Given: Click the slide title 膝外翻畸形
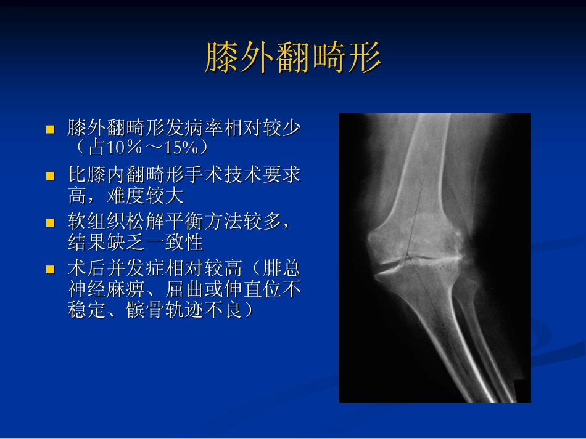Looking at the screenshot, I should [292, 58].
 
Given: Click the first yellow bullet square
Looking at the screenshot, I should [51, 130].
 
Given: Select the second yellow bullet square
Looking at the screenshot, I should [51, 176].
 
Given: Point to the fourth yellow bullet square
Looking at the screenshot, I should [51, 269].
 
